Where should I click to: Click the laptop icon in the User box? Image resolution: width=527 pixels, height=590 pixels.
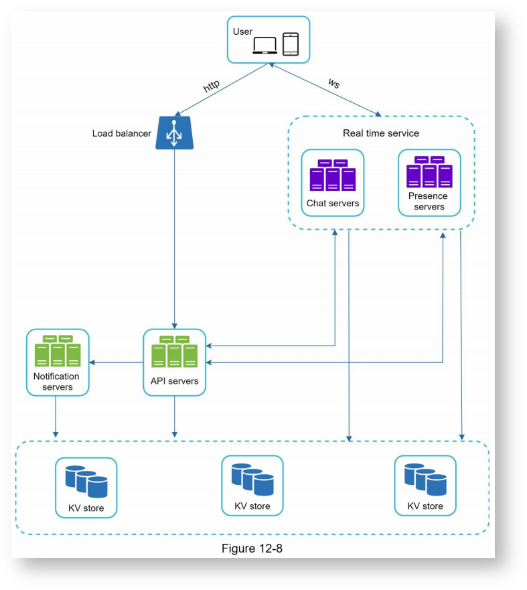pyautogui.click(x=265, y=45)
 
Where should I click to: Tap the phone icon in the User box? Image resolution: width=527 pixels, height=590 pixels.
pyautogui.click(x=290, y=44)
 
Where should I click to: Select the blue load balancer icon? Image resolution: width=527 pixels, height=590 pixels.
pyautogui.click(x=174, y=133)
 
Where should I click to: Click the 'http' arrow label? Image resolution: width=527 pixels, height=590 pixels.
pyautogui.click(x=212, y=86)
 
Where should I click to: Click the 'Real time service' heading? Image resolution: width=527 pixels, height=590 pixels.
pyautogui.click(x=380, y=133)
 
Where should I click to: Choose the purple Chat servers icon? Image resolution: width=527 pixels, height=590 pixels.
pyautogui.click(x=332, y=175)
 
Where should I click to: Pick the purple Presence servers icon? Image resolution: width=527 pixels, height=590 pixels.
pyautogui.click(x=429, y=172)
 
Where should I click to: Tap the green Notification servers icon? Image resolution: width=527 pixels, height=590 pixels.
pyautogui.click(x=57, y=352)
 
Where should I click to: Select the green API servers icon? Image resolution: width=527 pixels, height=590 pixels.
pyautogui.click(x=174, y=352)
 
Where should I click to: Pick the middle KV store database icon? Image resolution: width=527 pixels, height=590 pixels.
pyautogui.click(x=252, y=478)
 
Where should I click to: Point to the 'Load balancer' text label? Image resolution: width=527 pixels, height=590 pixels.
pyautogui.click(x=122, y=133)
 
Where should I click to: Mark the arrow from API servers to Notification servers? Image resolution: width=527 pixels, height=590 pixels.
pyautogui.click(x=117, y=362)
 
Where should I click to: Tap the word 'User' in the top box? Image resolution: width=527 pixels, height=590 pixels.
pyautogui.click(x=242, y=31)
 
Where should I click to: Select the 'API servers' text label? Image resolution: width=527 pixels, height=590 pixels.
pyautogui.click(x=174, y=381)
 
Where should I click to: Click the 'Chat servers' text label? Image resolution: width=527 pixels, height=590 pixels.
pyautogui.click(x=333, y=203)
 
